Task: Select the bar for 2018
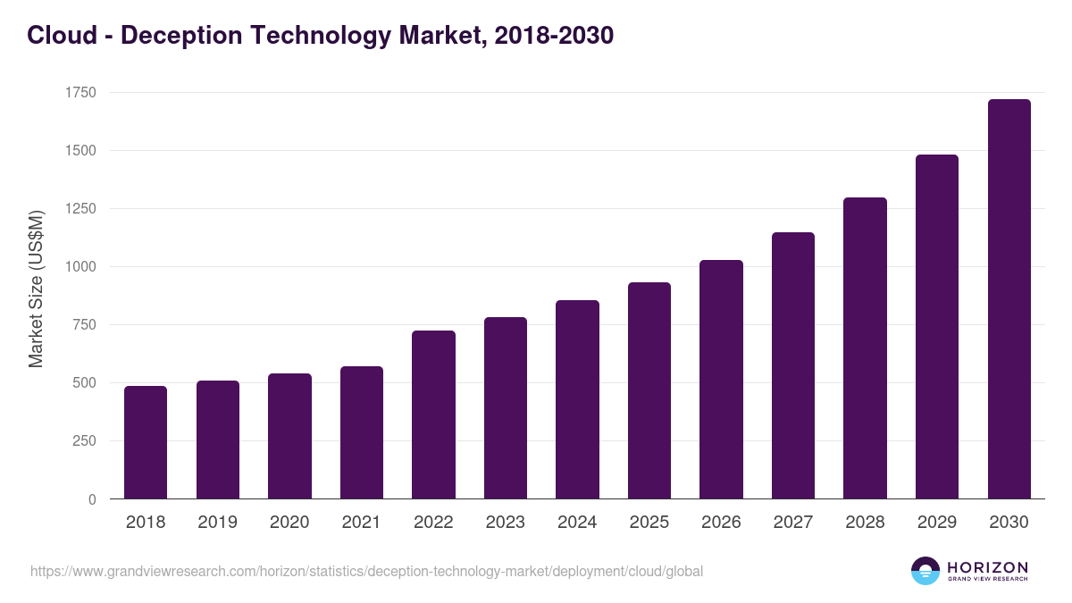click(x=146, y=442)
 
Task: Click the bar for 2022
click(x=433, y=415)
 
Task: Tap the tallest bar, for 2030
click(x=1009, y=299)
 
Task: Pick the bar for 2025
click(x=649, y=390)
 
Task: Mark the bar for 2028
click(x=865, y=348)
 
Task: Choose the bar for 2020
click(x=289, y=436)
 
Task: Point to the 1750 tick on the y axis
click(x=80, y=93)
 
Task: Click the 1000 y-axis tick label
click(x=80, y=267)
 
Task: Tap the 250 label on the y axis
click(x=83, y=441)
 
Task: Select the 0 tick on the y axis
click(x=92, y=499)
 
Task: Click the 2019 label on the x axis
click(x=217, y=523)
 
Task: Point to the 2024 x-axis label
click(x=577, y=523)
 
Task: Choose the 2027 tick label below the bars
click(x=792, y=523)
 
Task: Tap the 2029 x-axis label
click(x=936, y=523)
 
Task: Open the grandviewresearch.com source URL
click(x=366, y=571)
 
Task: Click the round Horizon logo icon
click(x=925, y=571)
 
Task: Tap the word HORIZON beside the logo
click(x=987, y=566)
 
